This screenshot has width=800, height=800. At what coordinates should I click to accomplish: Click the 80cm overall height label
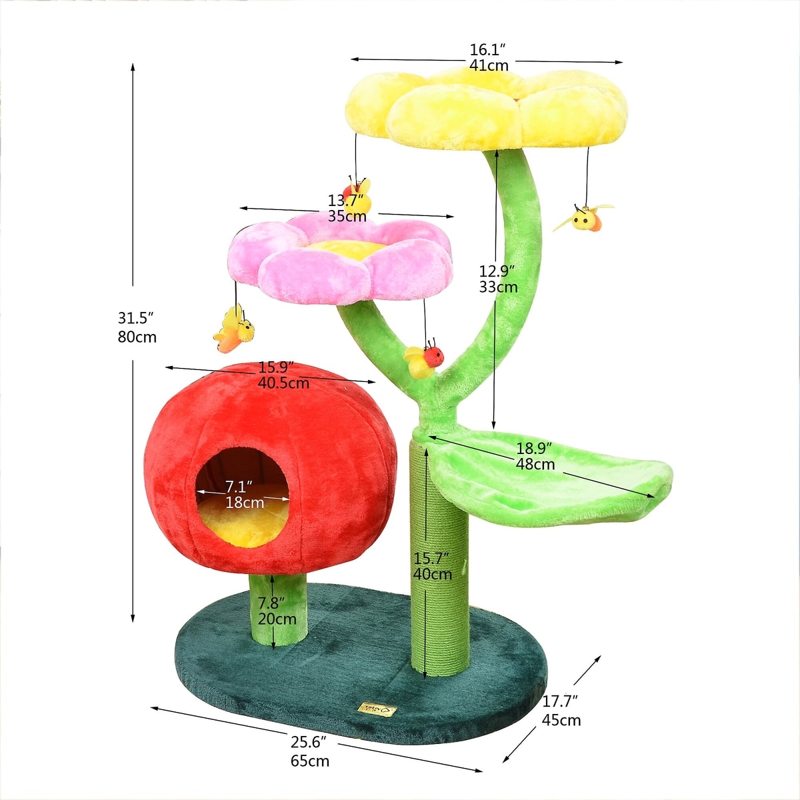click(x=137, y=337)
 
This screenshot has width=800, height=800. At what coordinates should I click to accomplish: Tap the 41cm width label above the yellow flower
click(x=489, y=65)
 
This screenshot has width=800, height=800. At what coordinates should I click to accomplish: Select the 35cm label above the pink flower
click(x=347, y=216)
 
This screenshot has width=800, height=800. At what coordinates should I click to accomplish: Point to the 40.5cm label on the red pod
click(x=283, y=383)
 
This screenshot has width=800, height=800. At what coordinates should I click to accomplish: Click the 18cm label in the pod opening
click(x=245, y=503)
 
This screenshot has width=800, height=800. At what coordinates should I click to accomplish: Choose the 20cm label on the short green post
click(x=277, y=619)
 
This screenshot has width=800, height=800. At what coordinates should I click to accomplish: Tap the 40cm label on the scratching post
click(x=433, y=574)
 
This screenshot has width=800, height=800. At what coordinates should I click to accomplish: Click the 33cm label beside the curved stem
click(x=498, y=287)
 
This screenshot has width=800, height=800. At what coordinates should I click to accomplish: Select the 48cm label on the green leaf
click(x=535, y=464)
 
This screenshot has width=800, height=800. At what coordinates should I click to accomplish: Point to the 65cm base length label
click(x=310, y=761)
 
